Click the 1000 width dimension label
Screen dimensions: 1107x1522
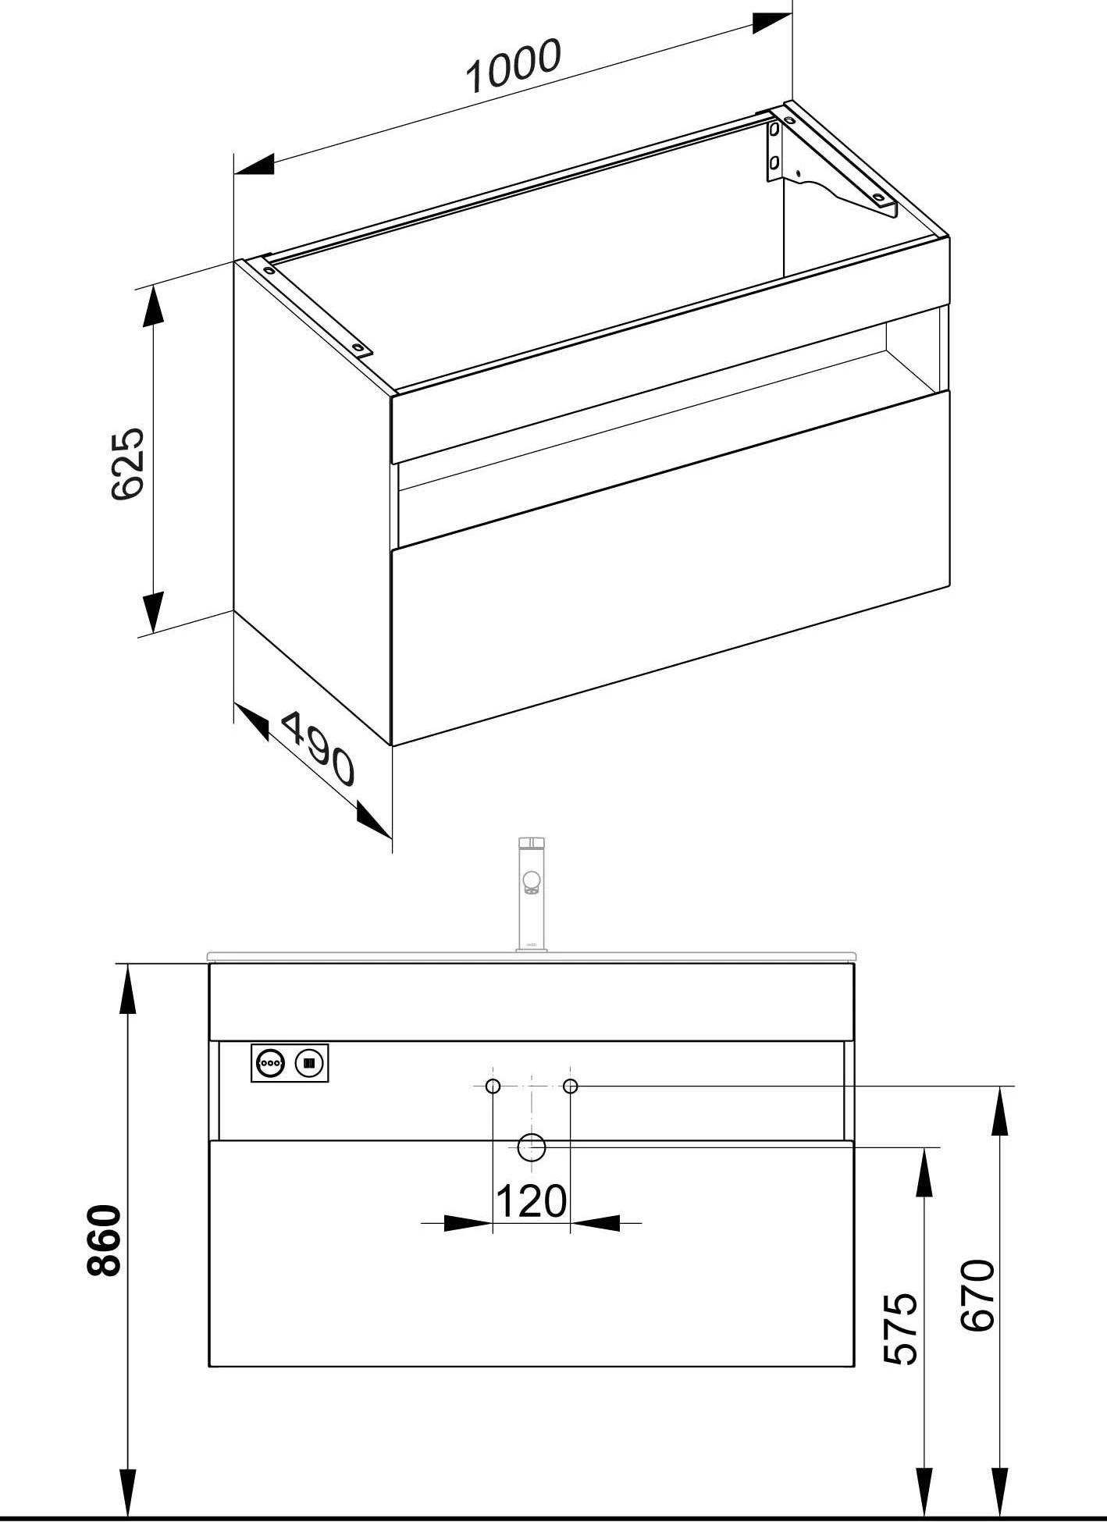coord(513,66)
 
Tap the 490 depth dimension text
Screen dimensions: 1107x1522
coord(317,748)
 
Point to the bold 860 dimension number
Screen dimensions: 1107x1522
coord(105,1240)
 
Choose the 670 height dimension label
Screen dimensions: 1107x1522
coord(977,1295)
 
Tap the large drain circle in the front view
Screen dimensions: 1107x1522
coord(532,1148)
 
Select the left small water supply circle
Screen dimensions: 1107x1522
coord(493,1086)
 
